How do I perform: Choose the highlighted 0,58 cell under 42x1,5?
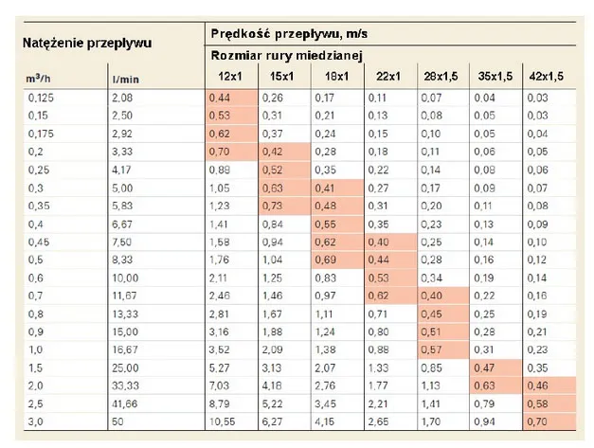(x=549, y=403)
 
